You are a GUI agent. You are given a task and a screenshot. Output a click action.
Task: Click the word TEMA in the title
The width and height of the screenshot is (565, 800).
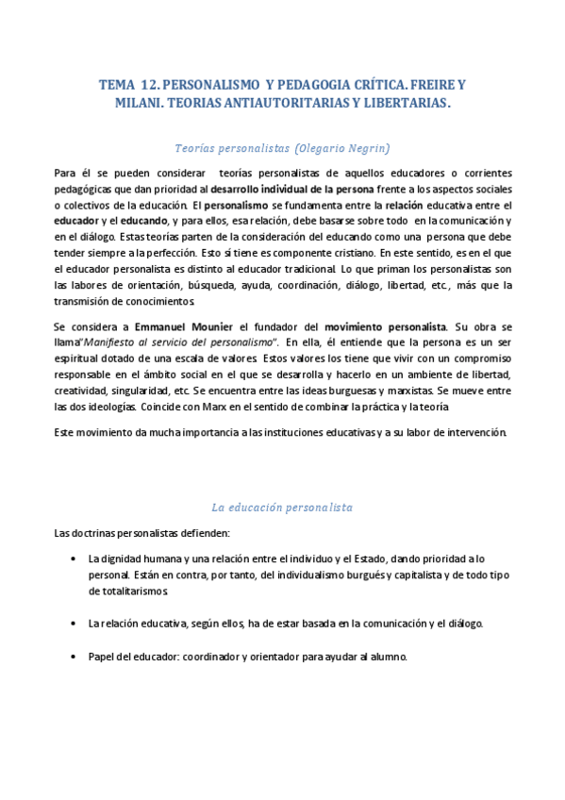tap(118, 85)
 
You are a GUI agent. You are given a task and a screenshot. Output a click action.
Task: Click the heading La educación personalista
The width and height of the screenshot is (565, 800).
tap(282, 507)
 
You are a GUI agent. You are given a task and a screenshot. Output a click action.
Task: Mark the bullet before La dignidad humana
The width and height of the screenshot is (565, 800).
tap(74, 558)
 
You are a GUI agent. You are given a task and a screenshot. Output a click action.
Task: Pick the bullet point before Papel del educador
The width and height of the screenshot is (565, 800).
tap(74, 656)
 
